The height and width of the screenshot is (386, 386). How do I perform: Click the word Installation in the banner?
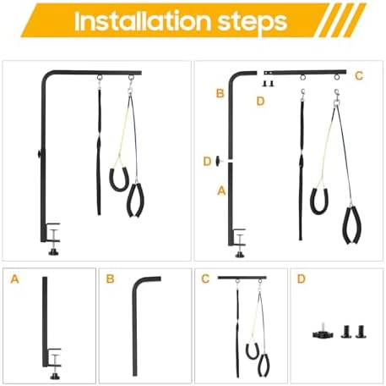(x=143, y=21)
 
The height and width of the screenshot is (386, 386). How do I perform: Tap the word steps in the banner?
(x=253, y=23)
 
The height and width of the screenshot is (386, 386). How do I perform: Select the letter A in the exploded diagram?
(x=221, y=190)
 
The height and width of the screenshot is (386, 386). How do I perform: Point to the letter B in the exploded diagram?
(x=220, y=93)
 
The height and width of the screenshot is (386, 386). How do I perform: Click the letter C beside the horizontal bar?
(x=359, y=76)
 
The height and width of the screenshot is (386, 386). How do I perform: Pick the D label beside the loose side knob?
(x=207, y=162)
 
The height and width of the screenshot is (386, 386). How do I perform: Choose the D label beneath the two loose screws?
(x=260, y=101)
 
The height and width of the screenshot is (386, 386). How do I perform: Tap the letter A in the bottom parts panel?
(x=14, y=279)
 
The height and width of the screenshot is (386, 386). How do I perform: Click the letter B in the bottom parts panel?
(x=110, y=278)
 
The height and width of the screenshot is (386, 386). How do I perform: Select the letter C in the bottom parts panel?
(x=205, y=278)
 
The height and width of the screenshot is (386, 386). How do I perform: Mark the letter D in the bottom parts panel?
(x=301, y=278)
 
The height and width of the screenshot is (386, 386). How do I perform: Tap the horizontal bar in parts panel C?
(x=242, y=278)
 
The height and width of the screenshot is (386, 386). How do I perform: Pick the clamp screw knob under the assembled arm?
(x=53, y=251)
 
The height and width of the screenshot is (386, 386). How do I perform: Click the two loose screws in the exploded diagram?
(x=268, y=84)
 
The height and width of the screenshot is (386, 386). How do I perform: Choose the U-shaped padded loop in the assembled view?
(x=119, y=179)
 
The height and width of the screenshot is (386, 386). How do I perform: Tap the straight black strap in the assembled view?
(x=99, y=152)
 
